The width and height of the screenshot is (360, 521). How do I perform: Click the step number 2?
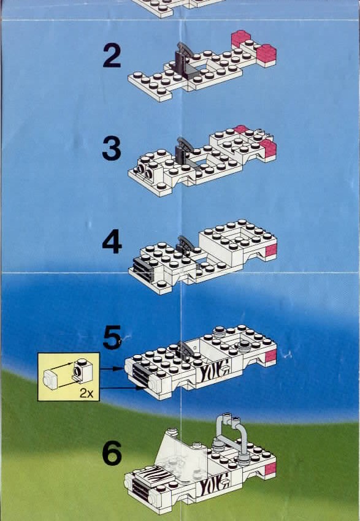point(112,56)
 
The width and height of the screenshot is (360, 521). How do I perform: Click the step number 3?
point(112,148)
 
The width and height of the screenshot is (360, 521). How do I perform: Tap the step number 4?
point(112,242)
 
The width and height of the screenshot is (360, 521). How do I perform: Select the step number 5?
point(112,337)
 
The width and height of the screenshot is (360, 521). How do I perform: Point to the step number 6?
point(112,453)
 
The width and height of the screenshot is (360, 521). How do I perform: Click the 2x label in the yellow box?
point(86,394)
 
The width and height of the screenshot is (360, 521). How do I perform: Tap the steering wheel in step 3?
point(185,145)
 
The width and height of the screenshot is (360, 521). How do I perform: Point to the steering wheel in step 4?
point(185,243)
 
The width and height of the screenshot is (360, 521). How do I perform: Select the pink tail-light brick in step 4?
point(271,250)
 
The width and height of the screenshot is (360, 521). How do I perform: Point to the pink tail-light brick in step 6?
point(270,468)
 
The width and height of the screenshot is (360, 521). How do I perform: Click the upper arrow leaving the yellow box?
point(112,368)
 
